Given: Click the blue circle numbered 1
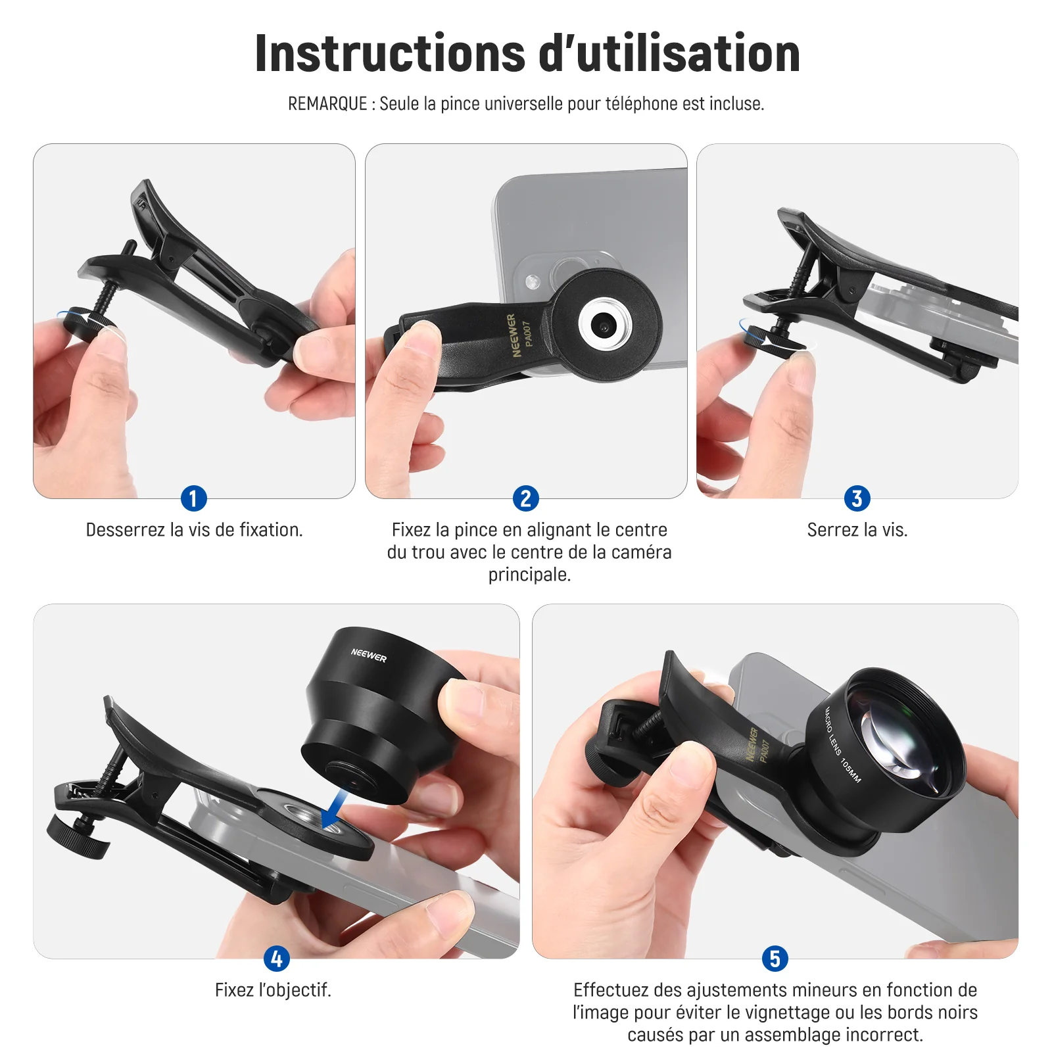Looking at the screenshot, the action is click(x=193, y=498).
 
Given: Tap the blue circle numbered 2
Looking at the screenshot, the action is click(x=525, y=498).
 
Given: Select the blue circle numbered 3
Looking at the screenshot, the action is click(x=857, y=498).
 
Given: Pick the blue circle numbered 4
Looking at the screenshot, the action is click(x=276, y=959).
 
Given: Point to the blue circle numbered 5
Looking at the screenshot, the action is click(x=775, y=959).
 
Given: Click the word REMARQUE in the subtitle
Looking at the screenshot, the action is click(x=327, y=104).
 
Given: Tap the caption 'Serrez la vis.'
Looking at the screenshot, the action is click(x=857, y=530).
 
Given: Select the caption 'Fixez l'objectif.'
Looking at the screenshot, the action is click(x=273, y=990).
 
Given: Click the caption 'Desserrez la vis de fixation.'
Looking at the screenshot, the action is click(x=194, y=530).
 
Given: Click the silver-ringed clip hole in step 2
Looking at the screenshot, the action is click(x=605, y=323).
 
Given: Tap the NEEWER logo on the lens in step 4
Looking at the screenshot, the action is click(x=369, y=655).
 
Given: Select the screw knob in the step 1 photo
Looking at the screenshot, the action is click(x=85, y=322).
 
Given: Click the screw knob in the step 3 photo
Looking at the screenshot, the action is click(x=773, y=341).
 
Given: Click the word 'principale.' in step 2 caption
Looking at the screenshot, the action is click(x=529, y=575).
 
